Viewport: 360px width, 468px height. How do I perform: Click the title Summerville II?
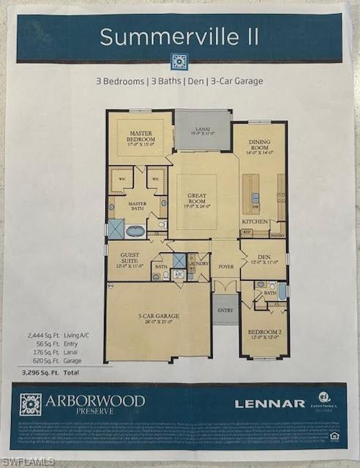pyautogui.click(x=179, y=37)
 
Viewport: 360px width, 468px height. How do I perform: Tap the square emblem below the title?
pyautogui.click(x=179, y=61)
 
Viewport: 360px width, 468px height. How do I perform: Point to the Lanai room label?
pyautogui.click(x=202, y=131)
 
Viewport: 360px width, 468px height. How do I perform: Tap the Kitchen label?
pyautogui.click(x=254, y=220)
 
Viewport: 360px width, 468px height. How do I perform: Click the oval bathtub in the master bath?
pyautogui.click(x=136, y=231)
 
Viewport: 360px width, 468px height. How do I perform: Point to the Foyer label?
pyautogui.click(x=225, y=268)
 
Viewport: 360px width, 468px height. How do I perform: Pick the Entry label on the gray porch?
pyautogui.click(x=225, y=309)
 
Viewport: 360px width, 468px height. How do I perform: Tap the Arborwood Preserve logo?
pyautogui.click(x=82, y=404)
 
